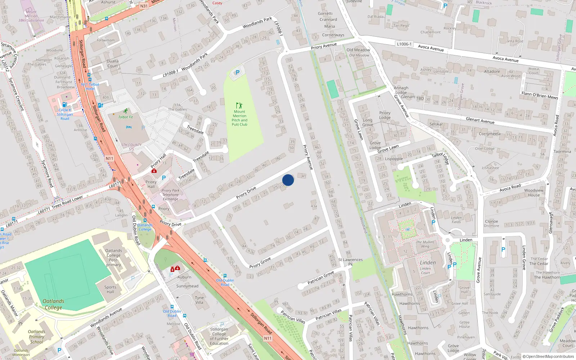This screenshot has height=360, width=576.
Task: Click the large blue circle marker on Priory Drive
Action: (288, 180)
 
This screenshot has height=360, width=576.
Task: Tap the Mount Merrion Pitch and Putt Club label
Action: (239, 118)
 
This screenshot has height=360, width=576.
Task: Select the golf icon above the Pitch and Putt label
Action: (239, 105)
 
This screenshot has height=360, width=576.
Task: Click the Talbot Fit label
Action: (126, 117)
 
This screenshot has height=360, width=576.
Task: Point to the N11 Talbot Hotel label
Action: (90, 86)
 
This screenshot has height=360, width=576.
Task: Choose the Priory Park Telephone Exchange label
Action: (170, 195)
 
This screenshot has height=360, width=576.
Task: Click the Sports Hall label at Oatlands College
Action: (110, 289)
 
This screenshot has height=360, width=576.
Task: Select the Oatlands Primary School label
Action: (37, 337)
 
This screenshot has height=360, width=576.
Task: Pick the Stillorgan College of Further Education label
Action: (219, 336)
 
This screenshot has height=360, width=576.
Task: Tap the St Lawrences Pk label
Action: (350, 262)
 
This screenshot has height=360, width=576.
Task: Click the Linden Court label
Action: (426, 270)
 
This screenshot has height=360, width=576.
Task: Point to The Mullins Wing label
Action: (425, 244)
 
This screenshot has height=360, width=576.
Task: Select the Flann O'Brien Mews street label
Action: (540, 95)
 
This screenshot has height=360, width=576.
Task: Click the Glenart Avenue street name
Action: (480, 120)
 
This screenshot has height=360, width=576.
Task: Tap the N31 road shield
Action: (144, 6)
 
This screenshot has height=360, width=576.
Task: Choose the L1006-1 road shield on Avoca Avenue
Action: (404, 44)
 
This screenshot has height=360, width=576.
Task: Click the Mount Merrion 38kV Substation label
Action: (31, 16)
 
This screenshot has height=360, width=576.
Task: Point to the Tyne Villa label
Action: (199, 300)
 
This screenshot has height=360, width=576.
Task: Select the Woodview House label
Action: (534, 193)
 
